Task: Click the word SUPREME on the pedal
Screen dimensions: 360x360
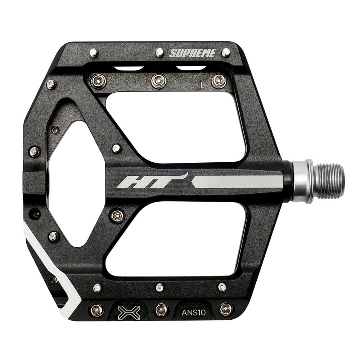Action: click(192, 53)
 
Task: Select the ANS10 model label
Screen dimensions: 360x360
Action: click(193, 312)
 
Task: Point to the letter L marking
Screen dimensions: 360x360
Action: click(203, 85)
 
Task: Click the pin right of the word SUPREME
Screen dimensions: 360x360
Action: click(226, 53)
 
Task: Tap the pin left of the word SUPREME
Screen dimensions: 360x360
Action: click(160, 53)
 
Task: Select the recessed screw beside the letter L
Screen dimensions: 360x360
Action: click(219, 81)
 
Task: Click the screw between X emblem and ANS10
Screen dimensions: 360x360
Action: click(161, 309)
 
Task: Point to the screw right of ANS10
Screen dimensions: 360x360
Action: click(226, 309)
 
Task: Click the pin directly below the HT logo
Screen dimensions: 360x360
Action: click(117, 216)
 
